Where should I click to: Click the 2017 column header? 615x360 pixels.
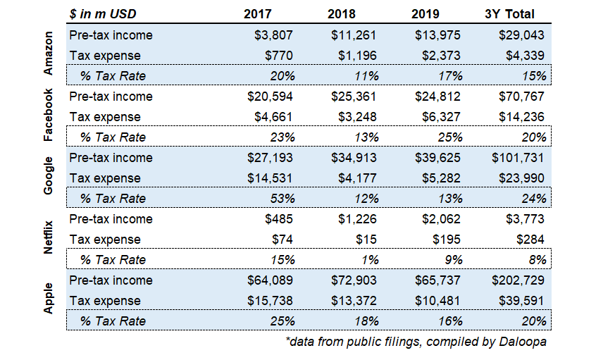click(257, 13)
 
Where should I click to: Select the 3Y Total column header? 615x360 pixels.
click(509, 13)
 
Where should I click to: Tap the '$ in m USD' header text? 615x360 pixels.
click(103, 13)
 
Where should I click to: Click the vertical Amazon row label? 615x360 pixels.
click(48, 54)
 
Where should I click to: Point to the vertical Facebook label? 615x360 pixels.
click(48, 115)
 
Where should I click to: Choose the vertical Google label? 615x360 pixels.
click(48, 175)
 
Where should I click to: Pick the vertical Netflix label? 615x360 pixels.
click(48, 237)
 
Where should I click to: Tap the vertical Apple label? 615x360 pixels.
click(48, 298)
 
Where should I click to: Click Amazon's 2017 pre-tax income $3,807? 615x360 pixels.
click(273, 35)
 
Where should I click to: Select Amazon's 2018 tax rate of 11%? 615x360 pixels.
click(366, 75)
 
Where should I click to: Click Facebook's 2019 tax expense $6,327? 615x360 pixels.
click(441, 117)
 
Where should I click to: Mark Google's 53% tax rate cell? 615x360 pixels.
click(282, 199)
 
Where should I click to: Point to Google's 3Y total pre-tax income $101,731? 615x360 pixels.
click(518, 158)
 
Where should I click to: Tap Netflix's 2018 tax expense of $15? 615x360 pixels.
click(366, 240)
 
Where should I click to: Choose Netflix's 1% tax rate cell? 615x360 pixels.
click(370, 259)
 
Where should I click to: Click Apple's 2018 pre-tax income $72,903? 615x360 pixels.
click(354, 280)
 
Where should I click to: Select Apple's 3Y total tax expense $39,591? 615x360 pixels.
click(521, 301)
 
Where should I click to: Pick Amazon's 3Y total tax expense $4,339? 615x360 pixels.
click(525, 56)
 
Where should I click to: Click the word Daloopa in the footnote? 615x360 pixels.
click(523, 342)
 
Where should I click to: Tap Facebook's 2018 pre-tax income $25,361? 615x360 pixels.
click(354, 97)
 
